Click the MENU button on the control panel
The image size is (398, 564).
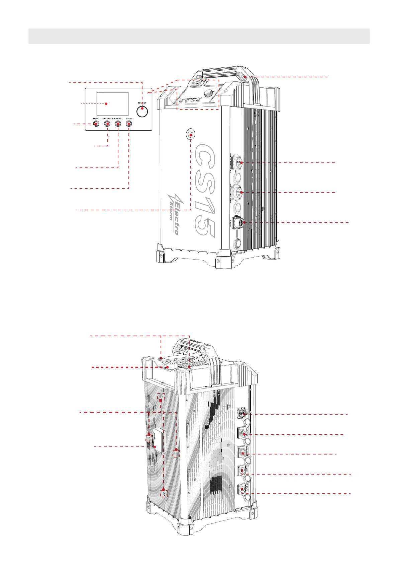[x=96, y=124]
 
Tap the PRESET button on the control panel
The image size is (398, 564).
[x=118, y=124]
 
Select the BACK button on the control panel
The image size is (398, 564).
[x=129, y=124]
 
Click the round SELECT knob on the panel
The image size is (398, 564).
[x=142, y=111]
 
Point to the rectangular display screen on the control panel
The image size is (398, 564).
[x=112, y=104]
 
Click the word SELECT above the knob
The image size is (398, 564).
[x=142, y=103]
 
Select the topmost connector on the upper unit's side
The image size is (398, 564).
[x=241, y=163]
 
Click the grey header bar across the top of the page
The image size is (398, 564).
[x=199, y=36]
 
